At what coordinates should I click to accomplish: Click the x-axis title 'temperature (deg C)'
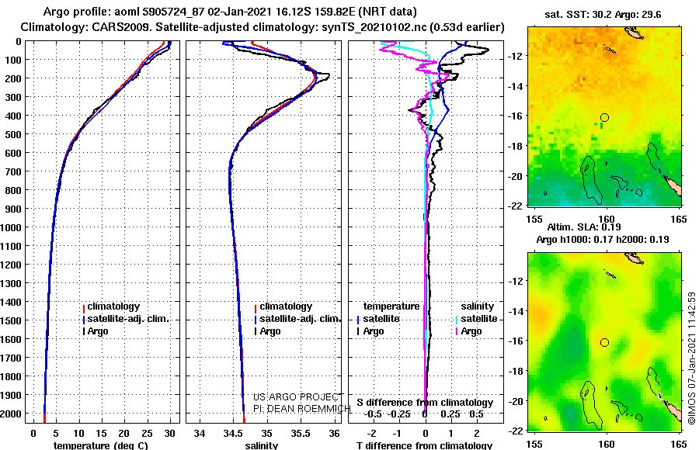coord(100,445)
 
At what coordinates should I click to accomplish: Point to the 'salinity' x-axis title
coord(262,445)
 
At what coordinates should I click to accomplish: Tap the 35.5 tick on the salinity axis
coord(301,434)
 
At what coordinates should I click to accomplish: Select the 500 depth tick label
coord(13,134)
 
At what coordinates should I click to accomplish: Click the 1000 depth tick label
coord(11,227)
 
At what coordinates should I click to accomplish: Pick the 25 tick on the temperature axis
coord(147,434)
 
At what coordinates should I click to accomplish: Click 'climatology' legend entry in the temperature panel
coord(113,306)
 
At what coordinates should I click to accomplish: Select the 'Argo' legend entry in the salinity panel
coord(270,331)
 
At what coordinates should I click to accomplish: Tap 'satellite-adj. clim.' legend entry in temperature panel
coord(128,319)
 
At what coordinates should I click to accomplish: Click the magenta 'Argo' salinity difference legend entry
coord(471,331)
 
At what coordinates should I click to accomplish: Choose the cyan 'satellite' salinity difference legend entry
coord(478,319)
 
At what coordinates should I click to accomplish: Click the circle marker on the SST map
coord(604,118)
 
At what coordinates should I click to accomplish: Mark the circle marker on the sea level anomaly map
coord(604,343)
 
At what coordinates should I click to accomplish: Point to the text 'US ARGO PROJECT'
coord(297,397)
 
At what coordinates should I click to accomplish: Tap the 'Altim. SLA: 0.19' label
coord(584,227)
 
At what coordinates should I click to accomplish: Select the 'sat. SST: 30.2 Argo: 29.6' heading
coord(603,15)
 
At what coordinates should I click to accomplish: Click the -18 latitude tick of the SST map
coord(515,146)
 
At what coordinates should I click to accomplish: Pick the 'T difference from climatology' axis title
coord(424,445)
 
